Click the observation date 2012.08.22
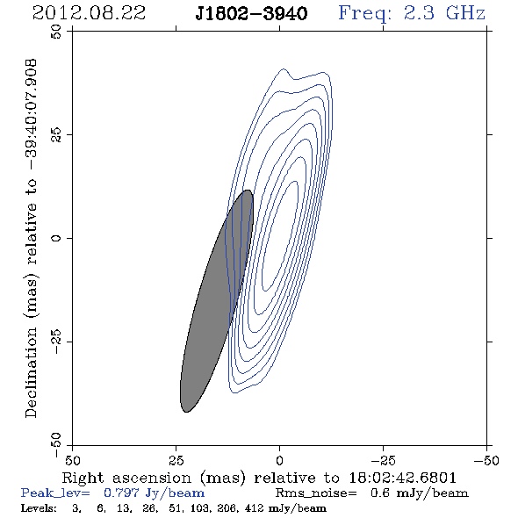tap(89, 13)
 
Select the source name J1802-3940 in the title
tap(251, 14)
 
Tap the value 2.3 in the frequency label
tap(419, 13)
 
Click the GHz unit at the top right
tap(465, 13)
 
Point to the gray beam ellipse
tap(217, 301)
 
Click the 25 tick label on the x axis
tap(176, 460)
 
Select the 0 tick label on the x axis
tap(279, 460)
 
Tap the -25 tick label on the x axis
tap(383, 460)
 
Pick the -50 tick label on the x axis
tap(486, 460)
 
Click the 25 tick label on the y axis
tap(56, 135)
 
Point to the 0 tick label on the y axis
tap(56, 238)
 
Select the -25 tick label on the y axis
tap(56, 342)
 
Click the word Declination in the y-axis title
tap(31, 372)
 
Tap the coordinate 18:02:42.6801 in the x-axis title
tap(402, 478)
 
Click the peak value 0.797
tap(120, 493)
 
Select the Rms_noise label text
tap(316, 493)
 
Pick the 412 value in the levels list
tap(254, 507)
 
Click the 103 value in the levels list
tap(199, 507)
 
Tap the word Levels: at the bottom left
tap(39, 507)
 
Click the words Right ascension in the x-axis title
tap(126, 478)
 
